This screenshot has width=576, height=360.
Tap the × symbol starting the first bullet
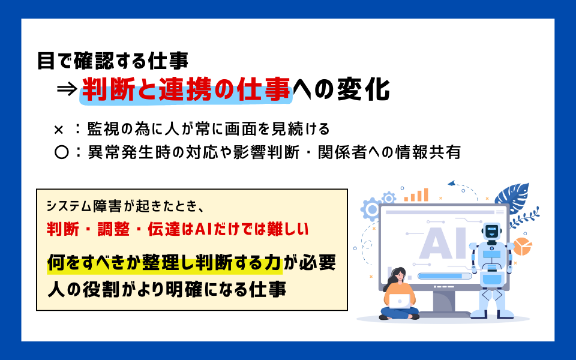59,129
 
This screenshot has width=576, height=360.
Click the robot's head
492,231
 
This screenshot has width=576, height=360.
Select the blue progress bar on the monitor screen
445,276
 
